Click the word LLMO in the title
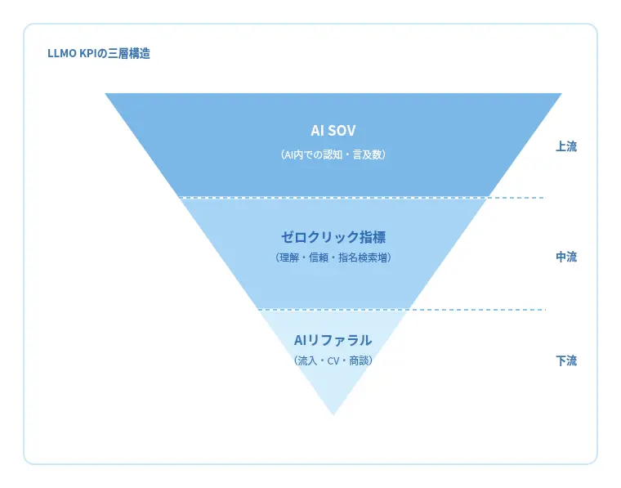(62, 55)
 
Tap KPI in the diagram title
(88, 55)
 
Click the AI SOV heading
(333, 131)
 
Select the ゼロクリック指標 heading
(333, 237)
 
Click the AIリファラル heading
(333, 339)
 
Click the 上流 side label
(566, 147)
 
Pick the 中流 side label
(566, 257)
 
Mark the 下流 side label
(566, 360)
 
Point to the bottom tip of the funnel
(333, 414)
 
